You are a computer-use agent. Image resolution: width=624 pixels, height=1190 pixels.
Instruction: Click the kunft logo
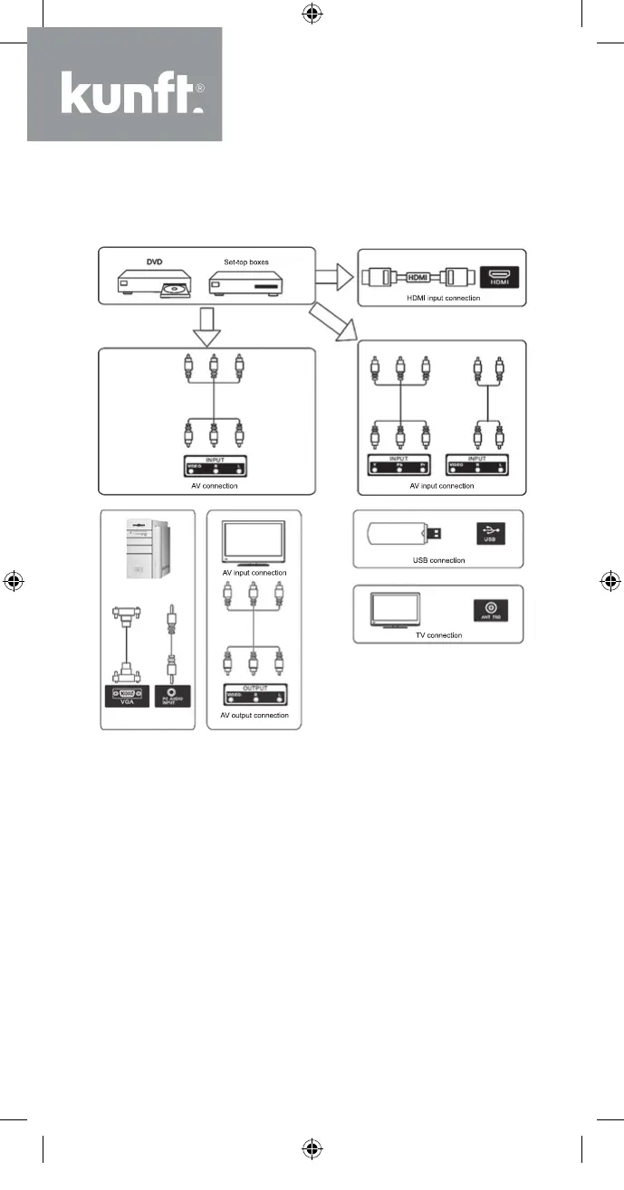pos(125,84)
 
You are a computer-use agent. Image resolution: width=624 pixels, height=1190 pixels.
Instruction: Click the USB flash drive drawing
pos(405,534)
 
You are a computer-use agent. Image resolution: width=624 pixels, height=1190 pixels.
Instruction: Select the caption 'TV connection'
pos(437,635)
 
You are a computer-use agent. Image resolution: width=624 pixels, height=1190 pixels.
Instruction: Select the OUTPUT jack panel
pos(254,694)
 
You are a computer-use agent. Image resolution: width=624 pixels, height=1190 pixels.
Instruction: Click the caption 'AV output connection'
pos(254,715)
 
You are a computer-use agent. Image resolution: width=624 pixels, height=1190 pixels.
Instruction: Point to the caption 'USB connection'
pos(438,560)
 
